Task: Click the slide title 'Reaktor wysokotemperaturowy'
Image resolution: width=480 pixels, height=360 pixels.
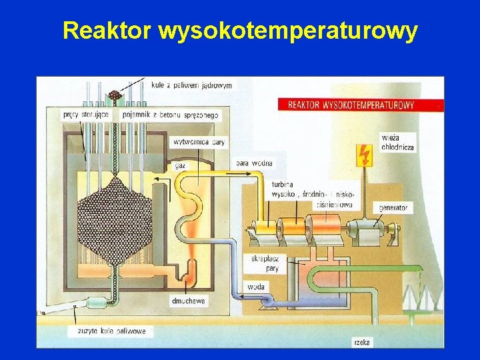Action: [240, 30]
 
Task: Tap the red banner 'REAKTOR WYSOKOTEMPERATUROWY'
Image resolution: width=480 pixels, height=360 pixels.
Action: [351, 105]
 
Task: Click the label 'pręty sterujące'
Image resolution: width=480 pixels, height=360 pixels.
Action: [86, 115]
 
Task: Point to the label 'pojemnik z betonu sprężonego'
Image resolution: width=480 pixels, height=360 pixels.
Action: [170, 115]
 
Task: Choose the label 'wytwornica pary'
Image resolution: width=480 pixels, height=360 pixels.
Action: [199, 142]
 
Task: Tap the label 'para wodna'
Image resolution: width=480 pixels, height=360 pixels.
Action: [254, 163]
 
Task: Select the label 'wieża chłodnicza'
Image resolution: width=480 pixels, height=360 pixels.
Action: [397, 142]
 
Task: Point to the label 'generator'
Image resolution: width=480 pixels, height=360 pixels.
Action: [393, 208]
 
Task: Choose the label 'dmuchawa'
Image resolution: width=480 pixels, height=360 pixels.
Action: [188, 301]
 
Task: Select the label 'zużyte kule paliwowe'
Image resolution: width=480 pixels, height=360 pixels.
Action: [111, 331]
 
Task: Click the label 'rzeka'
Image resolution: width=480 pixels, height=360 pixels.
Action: [363, 342]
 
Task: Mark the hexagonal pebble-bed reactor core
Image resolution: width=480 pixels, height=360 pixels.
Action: [115, 213]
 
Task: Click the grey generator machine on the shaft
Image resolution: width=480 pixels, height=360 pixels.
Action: [362, 231]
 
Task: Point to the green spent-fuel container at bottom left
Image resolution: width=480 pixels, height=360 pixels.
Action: [97, 303]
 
